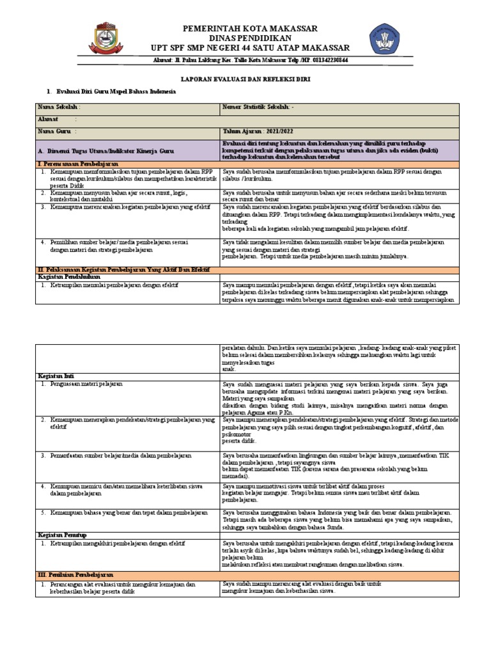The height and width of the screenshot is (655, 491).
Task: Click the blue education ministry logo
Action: pos(388,41)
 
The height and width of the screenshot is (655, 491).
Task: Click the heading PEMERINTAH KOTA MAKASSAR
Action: pos(250,29)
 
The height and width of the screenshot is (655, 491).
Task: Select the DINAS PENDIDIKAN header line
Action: pos(250,38)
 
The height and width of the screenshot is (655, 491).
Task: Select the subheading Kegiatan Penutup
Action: pos(62,534)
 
